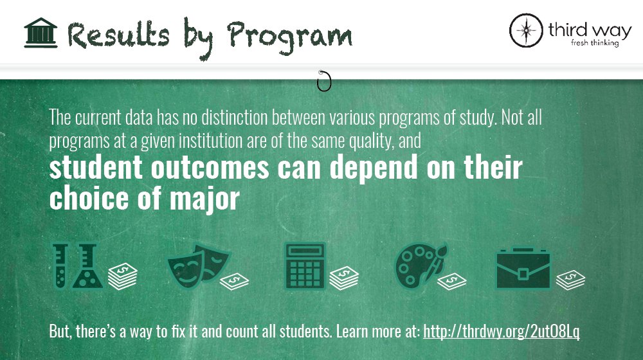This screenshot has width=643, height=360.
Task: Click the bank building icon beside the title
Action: pyautogui.click(x=41, y=33)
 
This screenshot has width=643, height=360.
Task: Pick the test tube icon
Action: pyautogui.click(x=61, y=265)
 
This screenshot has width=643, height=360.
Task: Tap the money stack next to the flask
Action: pyautogui.click(x=122, y=277)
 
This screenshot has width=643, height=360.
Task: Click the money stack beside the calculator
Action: pyautogui.click(x=344, y=278)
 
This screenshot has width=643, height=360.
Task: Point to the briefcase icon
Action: pyautogui.click(x=523, y=269)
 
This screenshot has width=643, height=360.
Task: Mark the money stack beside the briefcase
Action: pyautogui.click(x=570, y=278)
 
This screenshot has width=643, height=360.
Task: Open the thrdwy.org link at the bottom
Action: pyautogui.click(x=502, y=332)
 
